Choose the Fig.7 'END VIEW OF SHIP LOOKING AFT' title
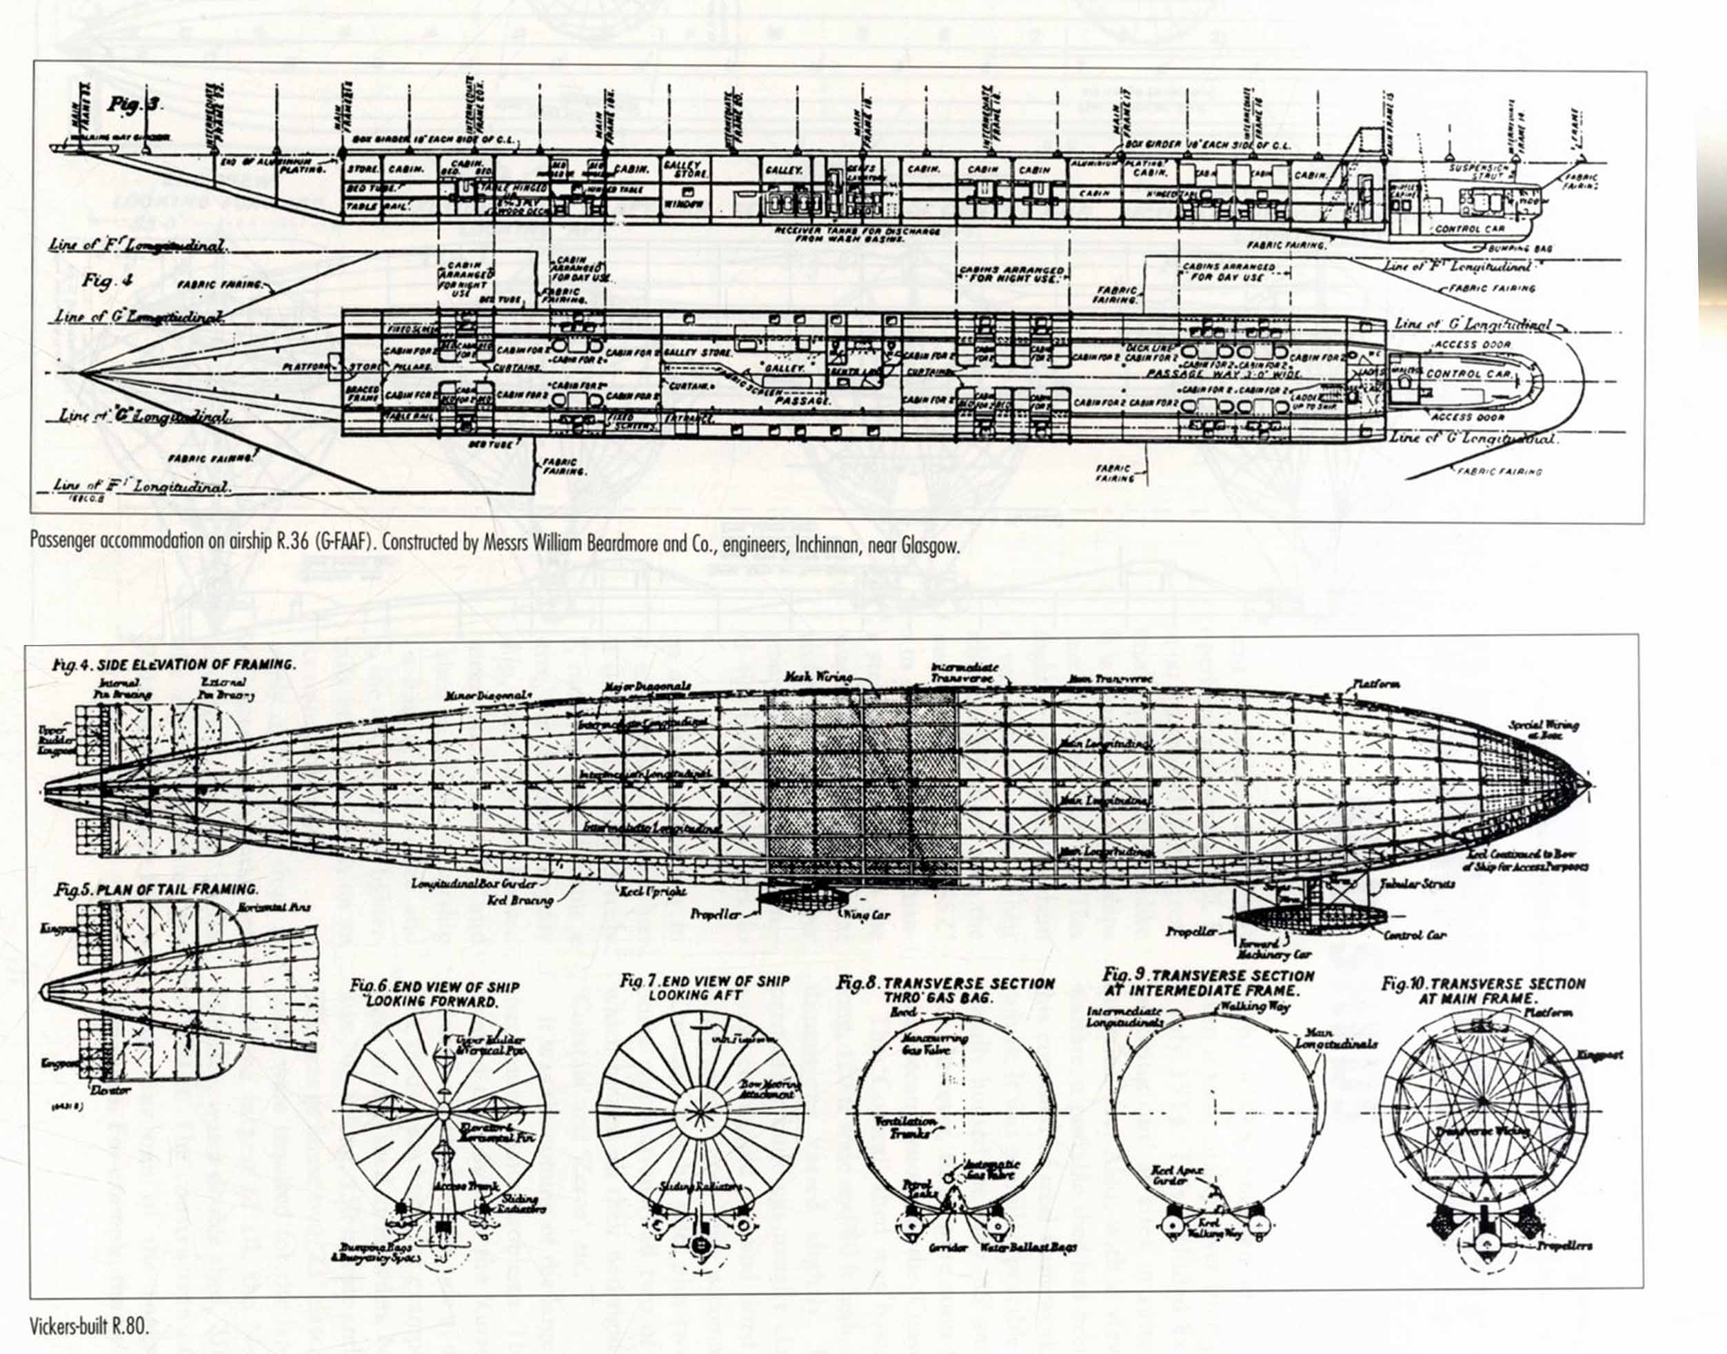704,987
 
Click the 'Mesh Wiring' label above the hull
818,678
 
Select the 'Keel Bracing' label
520,901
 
